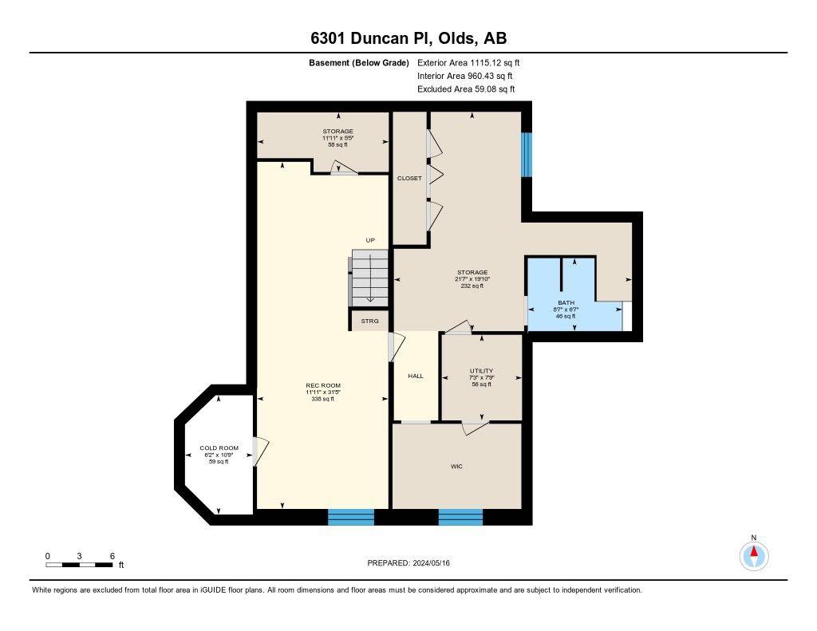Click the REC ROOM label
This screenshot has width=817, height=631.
click(x=322, y=385)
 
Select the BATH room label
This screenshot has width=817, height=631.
click(x=566, y=302)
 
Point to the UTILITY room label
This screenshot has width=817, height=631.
click(x=481, y=370)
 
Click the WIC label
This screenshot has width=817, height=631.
click(x=456, y=466)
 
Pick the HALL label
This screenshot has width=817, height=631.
click(x=416, y=376)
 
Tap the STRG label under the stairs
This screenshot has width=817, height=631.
click(x=369, y=321)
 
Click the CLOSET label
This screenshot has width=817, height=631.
click(x=409, y=178)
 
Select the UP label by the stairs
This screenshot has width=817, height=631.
click(x=370, y=240)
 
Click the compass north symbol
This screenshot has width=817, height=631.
click(x=753, y=553)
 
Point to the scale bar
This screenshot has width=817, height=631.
click(x=79, y=565)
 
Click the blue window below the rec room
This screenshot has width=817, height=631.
click(x=351, y=517)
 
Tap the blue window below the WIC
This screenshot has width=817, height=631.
click(x=460, y=517)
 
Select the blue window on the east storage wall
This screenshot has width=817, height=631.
click(x=526, y=154)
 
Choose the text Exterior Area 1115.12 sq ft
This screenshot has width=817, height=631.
click(x=469, y=62)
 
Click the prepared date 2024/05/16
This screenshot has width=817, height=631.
click(x=414, y=563)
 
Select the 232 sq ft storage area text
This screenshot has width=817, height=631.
click(x=472, y=286)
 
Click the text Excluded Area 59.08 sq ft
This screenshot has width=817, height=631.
click(x=466, y=89)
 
